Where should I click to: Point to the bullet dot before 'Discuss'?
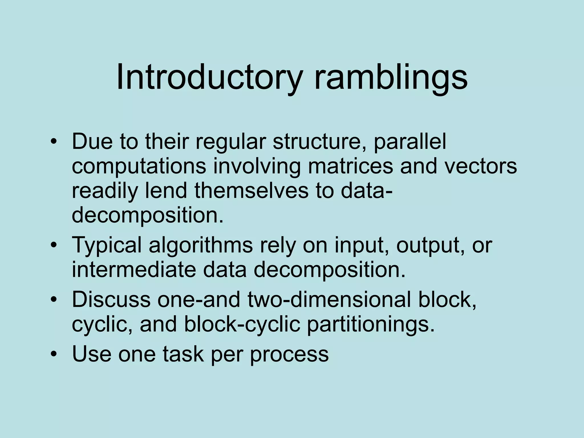(x=53, y=300)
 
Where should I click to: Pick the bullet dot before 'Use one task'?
(x=53, y=354)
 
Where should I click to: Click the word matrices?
(x=350, y=166)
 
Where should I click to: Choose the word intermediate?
(x=134, y=269)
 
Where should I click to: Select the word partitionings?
(x=370, y=324)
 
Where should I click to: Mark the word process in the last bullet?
(x=289, y=354)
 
